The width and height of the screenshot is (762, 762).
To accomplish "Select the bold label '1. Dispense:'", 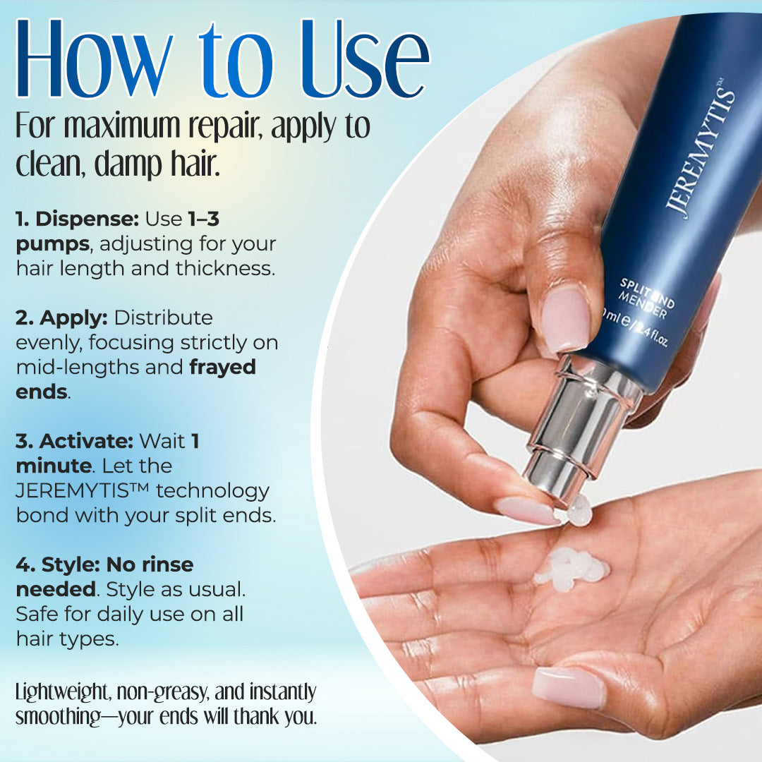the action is (x=78, y=219).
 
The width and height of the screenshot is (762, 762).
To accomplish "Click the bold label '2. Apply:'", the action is (x=61, y=317).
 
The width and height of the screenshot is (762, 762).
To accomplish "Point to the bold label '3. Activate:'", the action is (x=74, y=441).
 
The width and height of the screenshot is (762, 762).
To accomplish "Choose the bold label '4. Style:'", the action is (x=58, y=564).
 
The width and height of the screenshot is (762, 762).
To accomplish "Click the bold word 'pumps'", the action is (x=53, y=244).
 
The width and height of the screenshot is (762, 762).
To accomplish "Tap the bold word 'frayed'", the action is (x=222, y=368).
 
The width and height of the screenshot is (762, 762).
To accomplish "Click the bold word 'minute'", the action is (x=54, y=466).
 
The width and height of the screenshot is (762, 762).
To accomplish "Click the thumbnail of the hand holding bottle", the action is (x=566, y=318).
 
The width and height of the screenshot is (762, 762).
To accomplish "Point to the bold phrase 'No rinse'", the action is (x=150, y=564).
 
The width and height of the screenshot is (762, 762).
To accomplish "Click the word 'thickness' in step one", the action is (x=225, y=269).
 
